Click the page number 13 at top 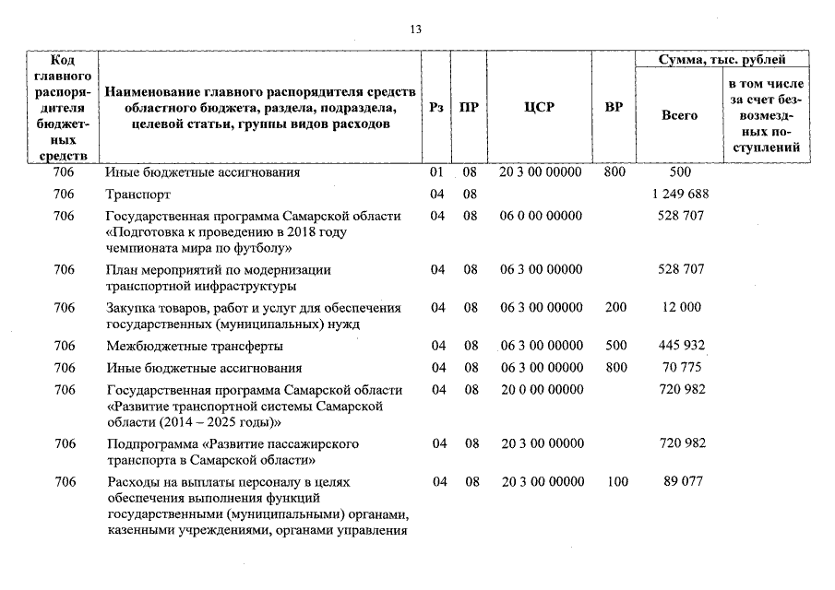click(x=415, y=29)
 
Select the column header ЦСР click(x=539, y=107)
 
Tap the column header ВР click(x=614, y=107)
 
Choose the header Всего click(x=680, y=115)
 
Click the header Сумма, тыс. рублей click(x=722, y=60)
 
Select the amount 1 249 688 click(x=682, y=195)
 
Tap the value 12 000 click(x=682, y=308)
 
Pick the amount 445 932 click(x=682, y=346)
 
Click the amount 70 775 click(x=682, y=368)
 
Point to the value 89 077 click(x=682, y=481)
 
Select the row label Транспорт click(x=138, y=195)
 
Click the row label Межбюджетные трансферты click(x=194, y=346)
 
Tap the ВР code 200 click(x=615, y=308)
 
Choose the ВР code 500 click(x=615, y=346)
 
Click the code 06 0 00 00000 click(x=542, y=216)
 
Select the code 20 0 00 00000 click(x=542, y=389)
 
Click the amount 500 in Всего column click(x=681, y=172)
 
